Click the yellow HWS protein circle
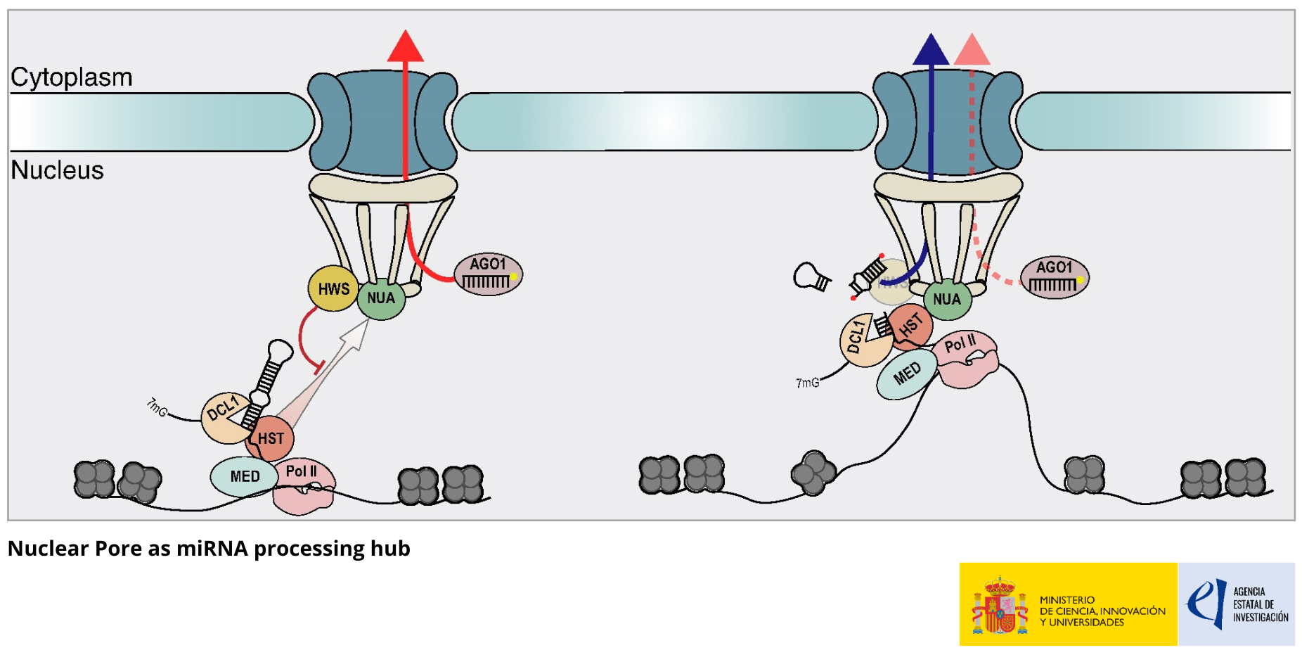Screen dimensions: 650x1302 (333, 288)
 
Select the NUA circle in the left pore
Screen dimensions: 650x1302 (381, 298)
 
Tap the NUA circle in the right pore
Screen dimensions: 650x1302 (947, 299)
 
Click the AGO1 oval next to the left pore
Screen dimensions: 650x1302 (488, 274)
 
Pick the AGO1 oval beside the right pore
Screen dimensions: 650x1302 (1055, 277)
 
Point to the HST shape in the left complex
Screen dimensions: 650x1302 (271, 438)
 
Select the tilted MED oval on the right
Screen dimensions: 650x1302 (907, 374)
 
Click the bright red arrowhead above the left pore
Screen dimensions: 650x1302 (405, 47)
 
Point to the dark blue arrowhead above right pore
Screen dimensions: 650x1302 (930, 50)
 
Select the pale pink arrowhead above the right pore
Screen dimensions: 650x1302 (972, 50)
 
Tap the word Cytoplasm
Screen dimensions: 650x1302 (72, 77)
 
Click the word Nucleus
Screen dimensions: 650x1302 (58, 170)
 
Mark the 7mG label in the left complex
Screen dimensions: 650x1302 (157, 407)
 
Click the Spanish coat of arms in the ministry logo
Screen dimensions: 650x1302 (1000, 605)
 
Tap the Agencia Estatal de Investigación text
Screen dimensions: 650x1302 (1260, 605)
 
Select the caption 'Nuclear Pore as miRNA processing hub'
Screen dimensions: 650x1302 (209, 548)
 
